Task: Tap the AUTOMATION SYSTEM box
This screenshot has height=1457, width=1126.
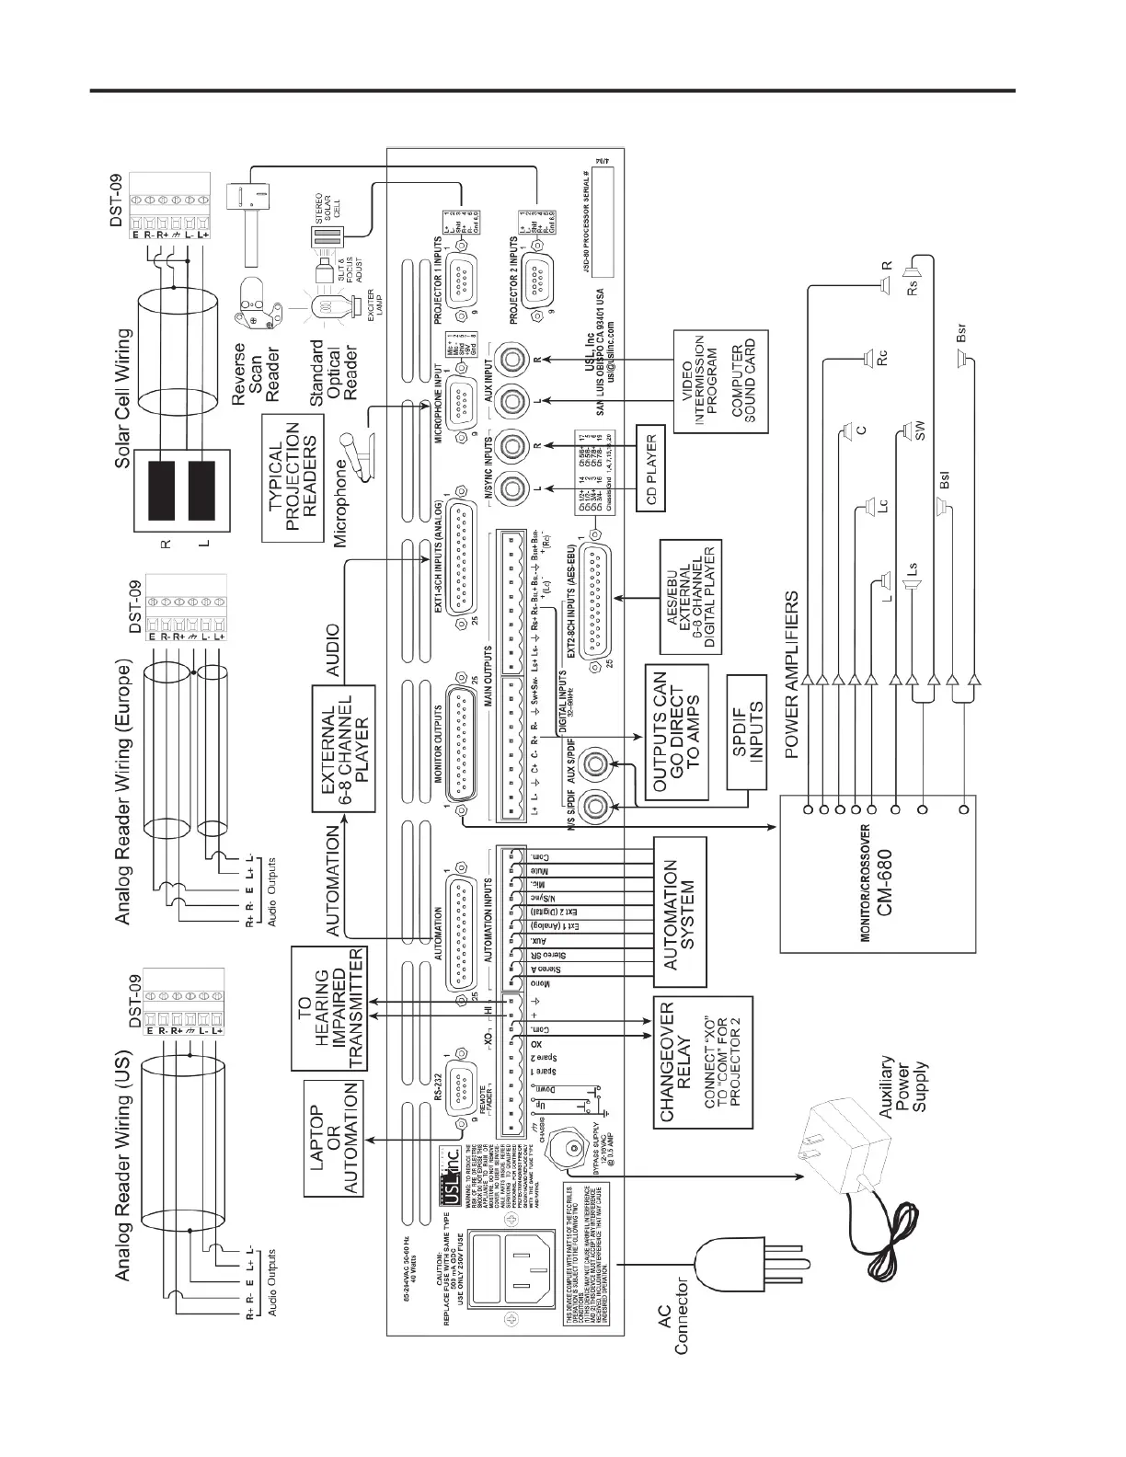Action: coord(682,911)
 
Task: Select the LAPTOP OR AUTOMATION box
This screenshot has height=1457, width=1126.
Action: coord(335,1137)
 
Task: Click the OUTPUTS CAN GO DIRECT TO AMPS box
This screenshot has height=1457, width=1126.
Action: coord(678,732)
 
